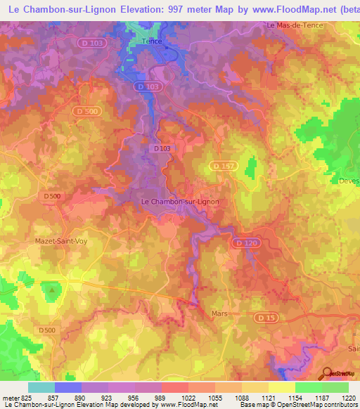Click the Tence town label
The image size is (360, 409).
pyautogui.click(x=152, y=41)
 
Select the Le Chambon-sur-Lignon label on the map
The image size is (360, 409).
pyautogui.click(x=180, y=202)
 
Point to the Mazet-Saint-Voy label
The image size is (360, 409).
pyautogui.click(x=58, y=240)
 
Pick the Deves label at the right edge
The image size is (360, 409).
pyautogui.click(x=348, y=180)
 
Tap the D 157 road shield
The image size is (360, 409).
pyautogui.click(x=223, y=166)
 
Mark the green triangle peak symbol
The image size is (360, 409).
pyautogui.click(x=51, y=288)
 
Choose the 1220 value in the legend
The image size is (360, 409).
pyautogui.click(x=347, y=397)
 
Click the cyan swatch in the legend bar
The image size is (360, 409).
pyautogui.click(x=41, y=387)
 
